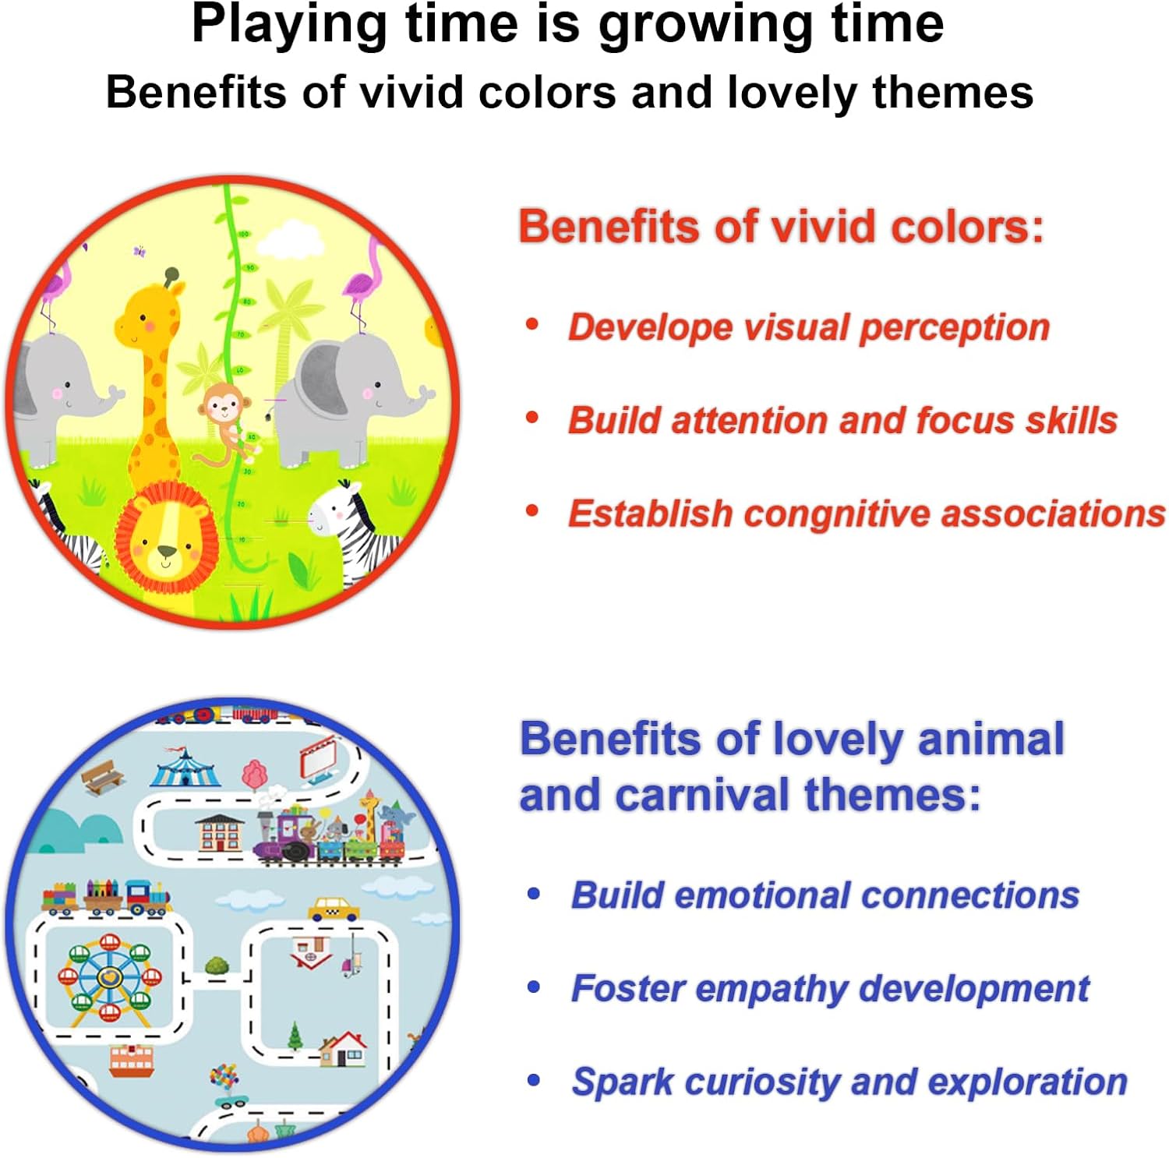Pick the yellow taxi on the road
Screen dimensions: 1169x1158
click(334, 909)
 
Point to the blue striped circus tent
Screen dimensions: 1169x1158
click(184, 767)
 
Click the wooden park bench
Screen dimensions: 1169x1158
click(102, 776)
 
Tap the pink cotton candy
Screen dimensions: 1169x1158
click(255, 775)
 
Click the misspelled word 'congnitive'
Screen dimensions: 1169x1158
click(835, 515)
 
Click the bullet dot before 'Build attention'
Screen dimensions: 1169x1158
click(532, 418)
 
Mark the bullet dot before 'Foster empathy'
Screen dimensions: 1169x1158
click(534, 987)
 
